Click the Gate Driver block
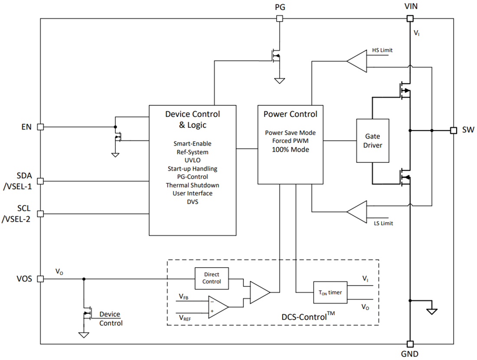coord(372,141)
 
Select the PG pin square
coord(280,19)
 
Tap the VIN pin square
coord(409,19)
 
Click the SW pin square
coord(453,130)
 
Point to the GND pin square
coord(409,344)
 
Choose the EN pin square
coord(40,127)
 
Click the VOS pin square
coord(40,279)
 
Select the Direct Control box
coord(211,278)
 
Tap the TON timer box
coord(331,292)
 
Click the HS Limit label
coord(382,50)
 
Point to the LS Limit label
coord(383,224)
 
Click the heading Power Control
coord(290,114)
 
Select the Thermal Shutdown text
coord(192,185)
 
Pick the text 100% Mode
coord(290,149)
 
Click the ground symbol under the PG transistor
coord(280,81)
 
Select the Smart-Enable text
coord(192,144)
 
